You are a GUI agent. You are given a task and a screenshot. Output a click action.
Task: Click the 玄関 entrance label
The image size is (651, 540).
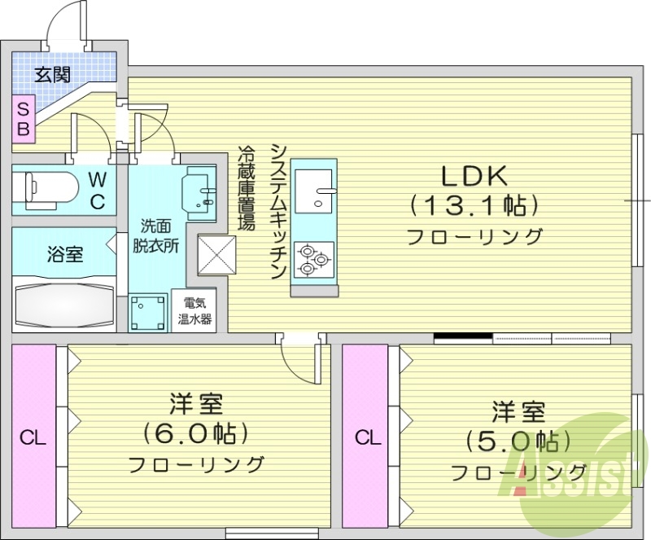[51, 75]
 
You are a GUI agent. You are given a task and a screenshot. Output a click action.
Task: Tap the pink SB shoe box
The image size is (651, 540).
[24, 118]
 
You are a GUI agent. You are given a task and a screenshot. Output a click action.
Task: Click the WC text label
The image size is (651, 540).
[96, 190]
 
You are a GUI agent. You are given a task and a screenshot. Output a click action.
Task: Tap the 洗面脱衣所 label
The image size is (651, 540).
[156, 236]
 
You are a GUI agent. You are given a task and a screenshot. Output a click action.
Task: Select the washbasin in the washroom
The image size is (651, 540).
[198, 191]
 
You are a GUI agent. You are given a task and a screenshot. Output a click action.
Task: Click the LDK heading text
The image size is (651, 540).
[474, 175]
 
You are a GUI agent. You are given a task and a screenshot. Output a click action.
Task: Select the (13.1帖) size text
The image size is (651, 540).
[474, 204]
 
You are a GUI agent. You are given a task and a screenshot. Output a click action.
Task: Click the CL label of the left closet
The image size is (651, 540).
[33, 438]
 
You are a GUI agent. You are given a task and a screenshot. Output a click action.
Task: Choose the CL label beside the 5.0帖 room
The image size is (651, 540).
[367, 438]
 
